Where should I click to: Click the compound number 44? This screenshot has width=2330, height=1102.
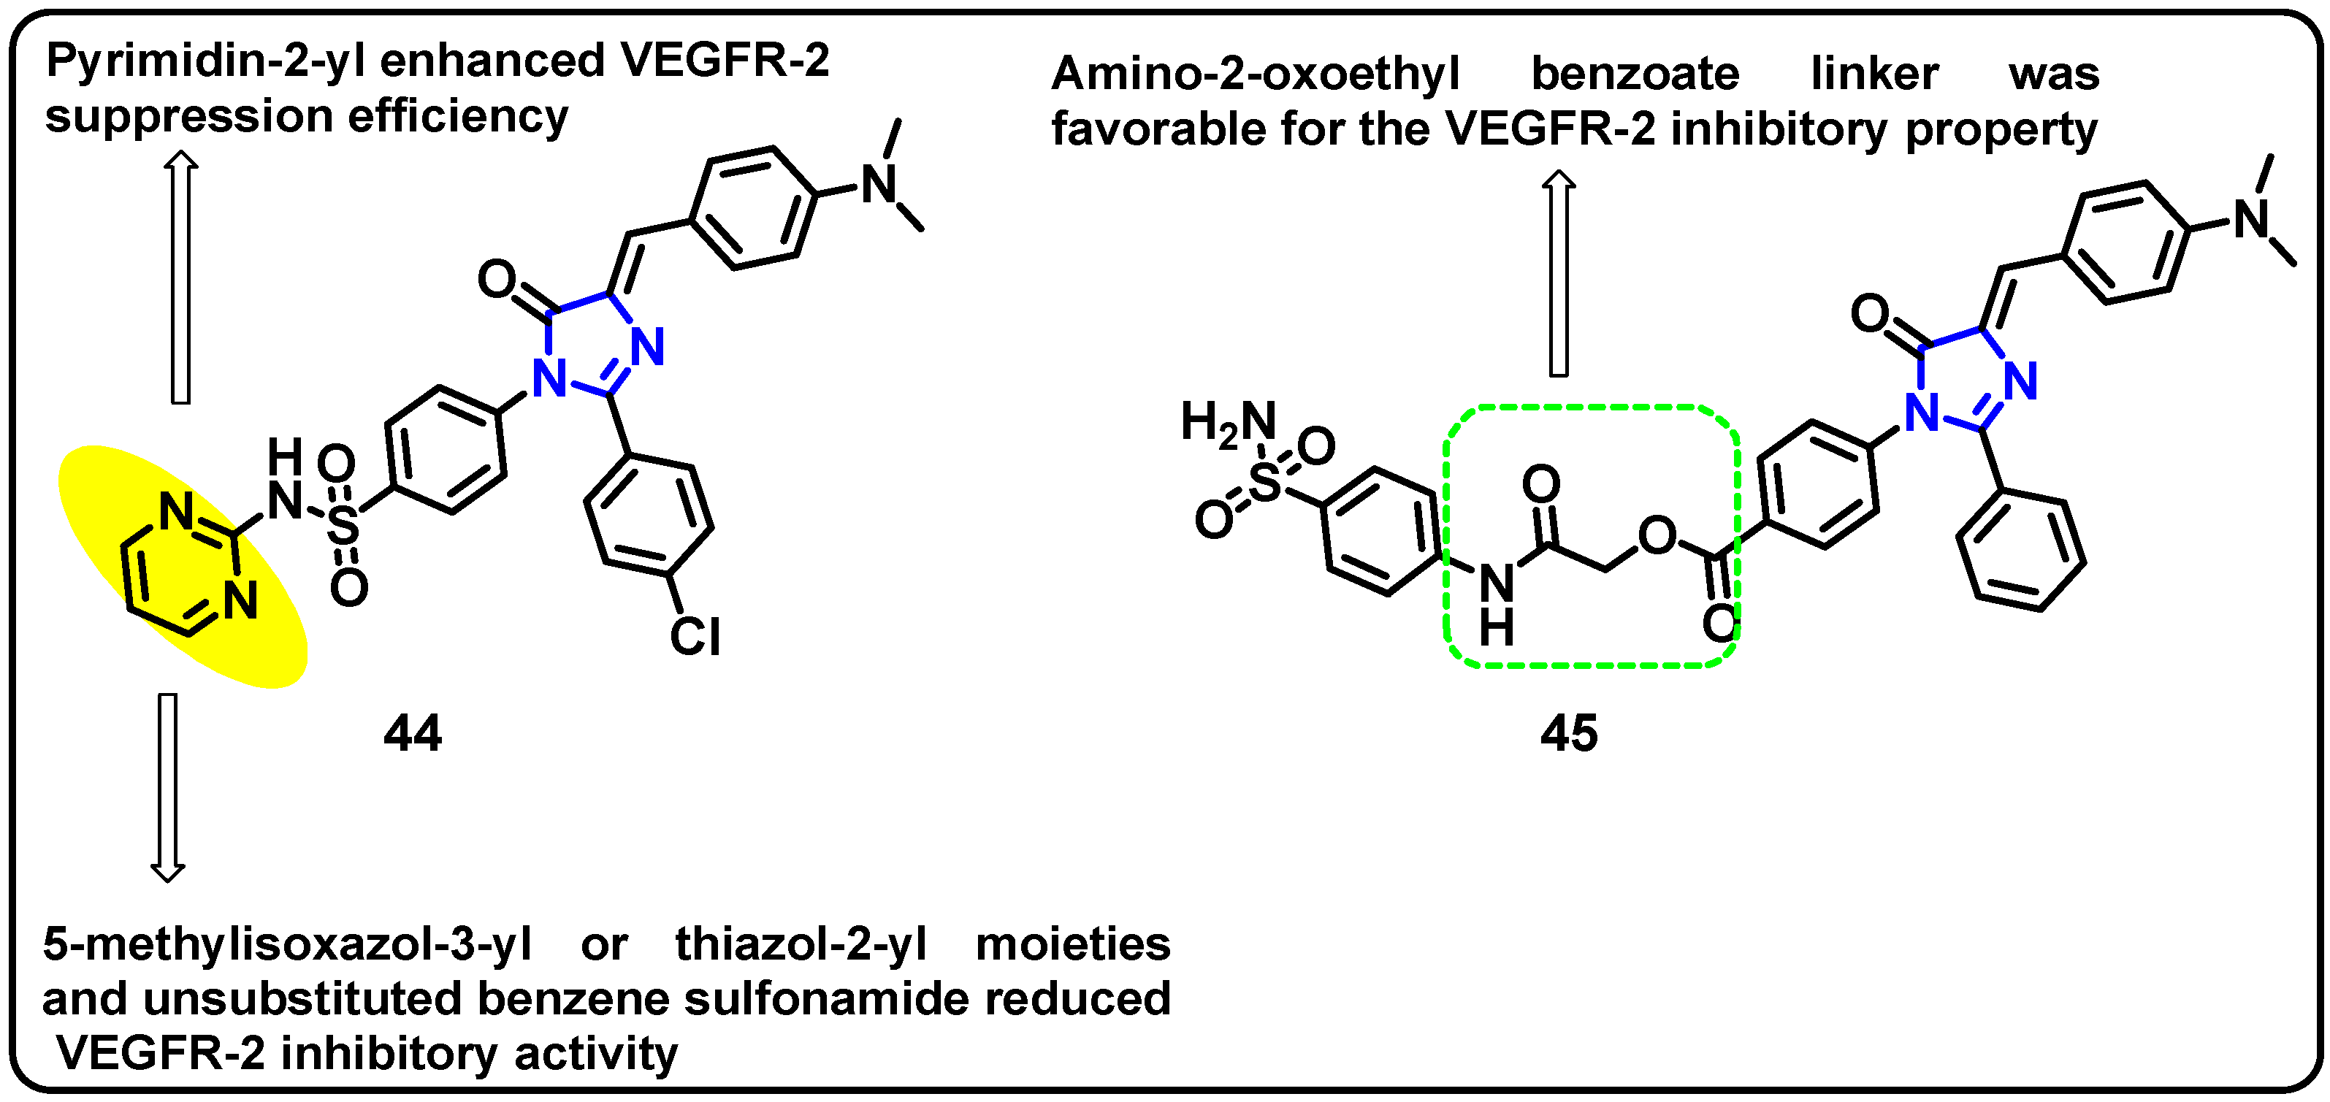(413, 733)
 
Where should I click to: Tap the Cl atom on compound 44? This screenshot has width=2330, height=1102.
(695, 636)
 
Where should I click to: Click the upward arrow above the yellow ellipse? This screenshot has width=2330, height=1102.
(181, 276)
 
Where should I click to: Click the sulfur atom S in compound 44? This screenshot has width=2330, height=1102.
(343, 524)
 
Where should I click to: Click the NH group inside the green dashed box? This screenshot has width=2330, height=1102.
(1497, 601)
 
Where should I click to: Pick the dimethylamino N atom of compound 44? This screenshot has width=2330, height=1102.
(878, 185)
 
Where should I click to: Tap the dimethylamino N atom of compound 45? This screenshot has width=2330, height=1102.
(2253, 219)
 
